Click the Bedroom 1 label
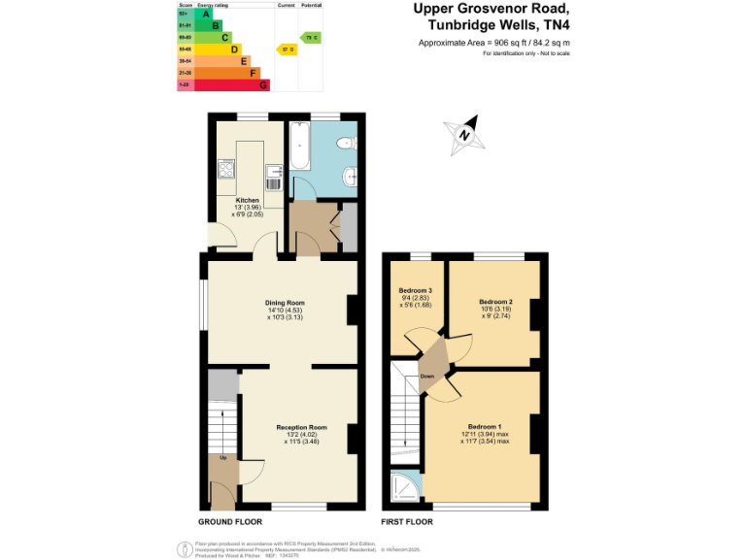(x=484, y=427)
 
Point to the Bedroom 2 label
(x=495, y=302)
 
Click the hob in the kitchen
(x=226, y=172)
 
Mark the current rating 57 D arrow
(x=287, y=49)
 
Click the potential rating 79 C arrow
(x=311, y=38)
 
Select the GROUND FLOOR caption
(x=214, y=522)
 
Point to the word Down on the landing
(x=427, y=376)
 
